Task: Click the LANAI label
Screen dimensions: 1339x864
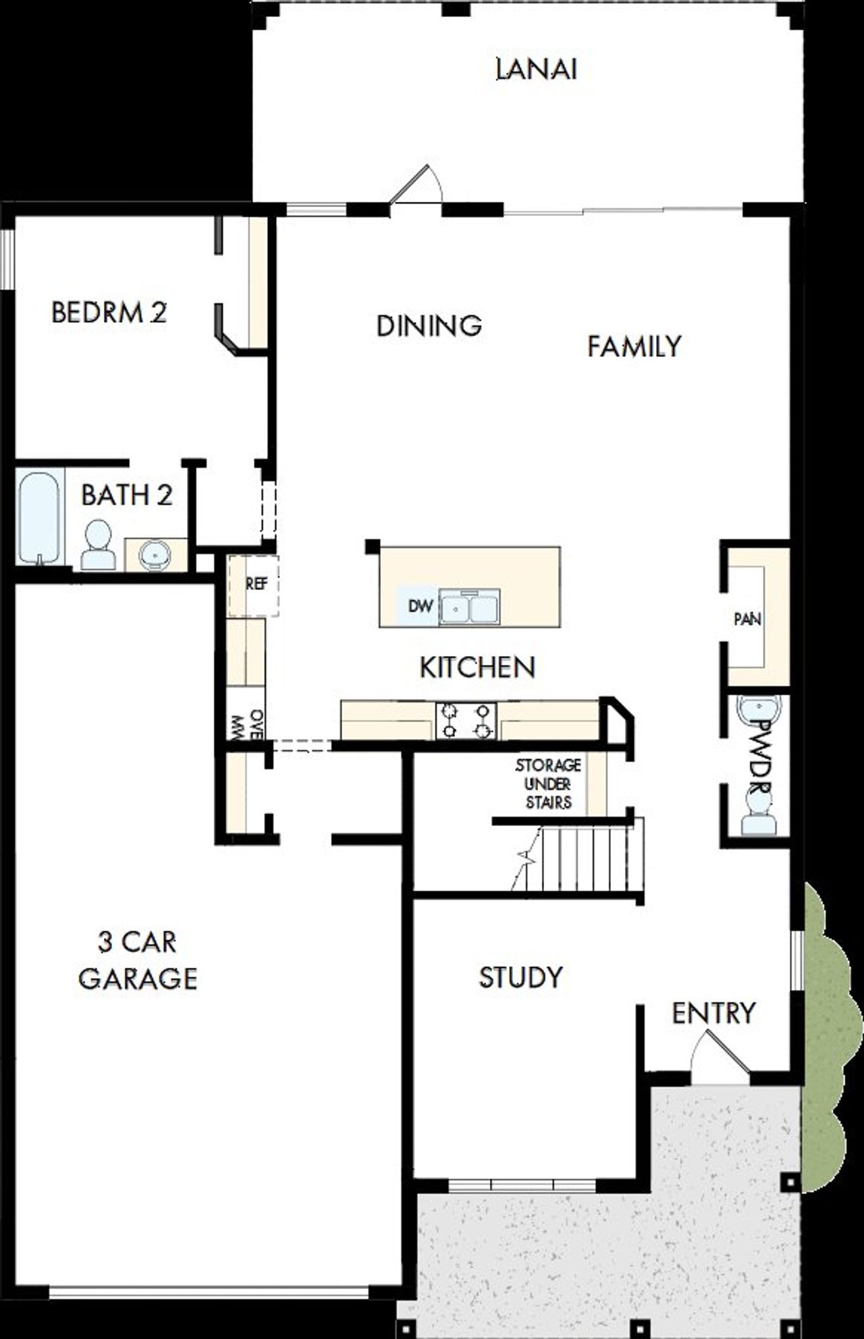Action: pyautogui.click(x=536, y=70)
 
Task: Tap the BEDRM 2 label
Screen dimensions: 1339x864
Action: pyautogui.click(x=109, y=313)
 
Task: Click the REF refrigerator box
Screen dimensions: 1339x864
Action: pyautogui.click(x=254, y=584)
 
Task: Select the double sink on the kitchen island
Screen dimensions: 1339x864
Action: pyautogui.click(x=469, y=607)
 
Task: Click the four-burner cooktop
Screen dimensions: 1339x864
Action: pyautogui.click(x=466, y=720)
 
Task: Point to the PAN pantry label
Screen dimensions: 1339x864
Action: pyautogui.click(x=747, y=619)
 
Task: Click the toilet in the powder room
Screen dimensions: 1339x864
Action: pyautogui.click(x=757, y=813)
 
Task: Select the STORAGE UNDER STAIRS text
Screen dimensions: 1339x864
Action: pyautogui.click(x=547, y=784)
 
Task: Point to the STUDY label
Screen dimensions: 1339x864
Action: pyautogui.click(x=520, y=977)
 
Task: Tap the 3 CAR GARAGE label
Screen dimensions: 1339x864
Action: pyautogui.click(x=138, y=960)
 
